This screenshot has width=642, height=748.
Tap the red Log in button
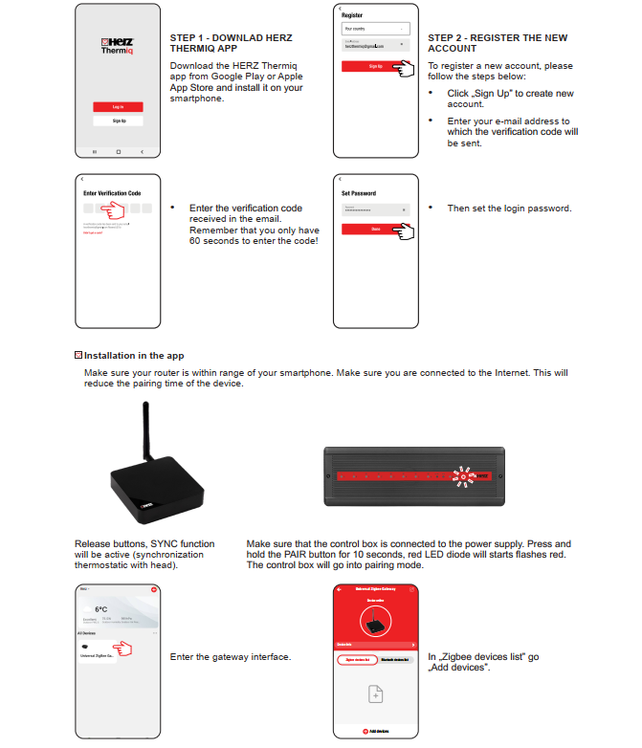pos(118,106)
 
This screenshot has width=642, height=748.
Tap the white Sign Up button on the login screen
pos(118,121)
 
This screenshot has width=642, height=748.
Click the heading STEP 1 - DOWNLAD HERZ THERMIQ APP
pos(231,43)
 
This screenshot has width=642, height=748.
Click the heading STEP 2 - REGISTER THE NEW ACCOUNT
pos(497,43)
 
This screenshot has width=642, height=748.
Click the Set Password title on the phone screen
pos(359,194)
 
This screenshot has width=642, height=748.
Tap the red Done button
pos(375,229)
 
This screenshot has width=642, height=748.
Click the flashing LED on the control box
pos(464,474)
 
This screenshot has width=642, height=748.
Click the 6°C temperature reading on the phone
pos(100,609)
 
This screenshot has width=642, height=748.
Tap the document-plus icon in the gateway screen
pos(376,694)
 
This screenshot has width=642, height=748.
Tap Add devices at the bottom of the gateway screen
pos(376,731)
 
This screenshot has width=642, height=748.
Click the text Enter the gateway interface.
pos(230,657)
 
